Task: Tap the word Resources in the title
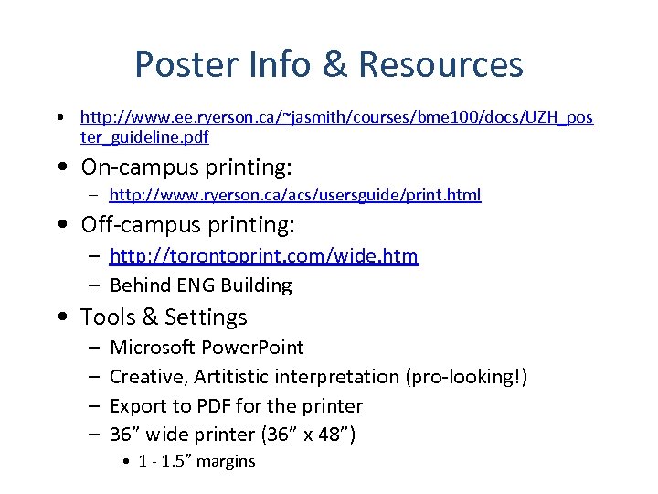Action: click(x=440, y=65)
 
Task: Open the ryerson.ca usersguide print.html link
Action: click(x=295, y=195)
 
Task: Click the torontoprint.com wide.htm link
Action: click(x=264, y=256)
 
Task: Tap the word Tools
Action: click(x=108, y=317)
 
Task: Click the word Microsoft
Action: click(x=152, y=348)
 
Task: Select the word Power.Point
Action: click(x=252, y=348)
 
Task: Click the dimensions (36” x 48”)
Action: click(x=306, y=435)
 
